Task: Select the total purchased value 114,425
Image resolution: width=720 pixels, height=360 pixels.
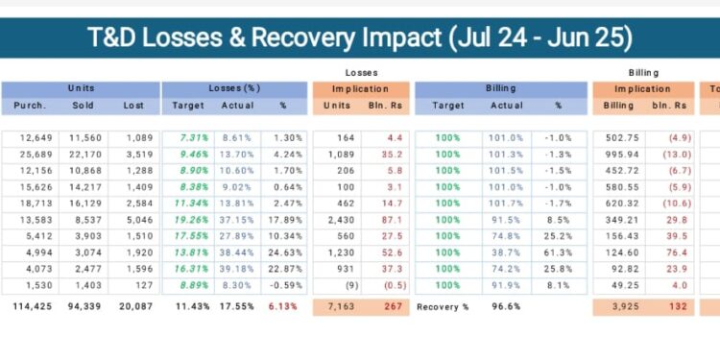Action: [32, 306]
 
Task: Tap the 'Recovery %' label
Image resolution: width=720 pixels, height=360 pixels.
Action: [443, 306]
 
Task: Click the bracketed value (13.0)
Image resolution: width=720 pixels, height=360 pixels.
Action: [675, 155]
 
